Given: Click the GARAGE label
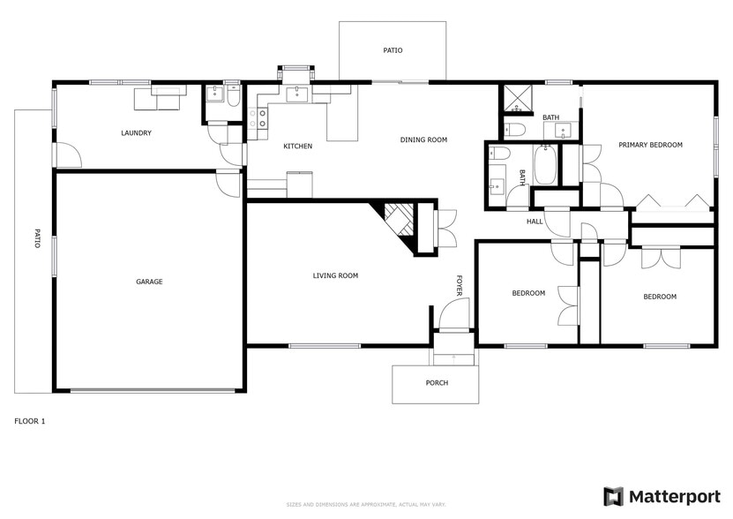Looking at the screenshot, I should point(149,282).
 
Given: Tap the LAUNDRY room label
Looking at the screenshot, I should point(137,133).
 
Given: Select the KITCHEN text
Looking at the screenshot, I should point(297,146).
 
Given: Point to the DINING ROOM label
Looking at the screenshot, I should point(423,139).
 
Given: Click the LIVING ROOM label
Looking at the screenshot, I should point(335,275).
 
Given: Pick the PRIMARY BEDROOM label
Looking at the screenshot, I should point(650,145).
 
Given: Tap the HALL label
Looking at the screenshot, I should point(535,222).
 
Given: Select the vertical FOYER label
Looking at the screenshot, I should point(459,285).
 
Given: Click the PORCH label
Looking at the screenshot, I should point(437,383).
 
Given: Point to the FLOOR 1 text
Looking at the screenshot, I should point(30,421).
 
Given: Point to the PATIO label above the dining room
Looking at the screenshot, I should point(393,50).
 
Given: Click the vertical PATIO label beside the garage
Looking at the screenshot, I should point(37,238).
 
